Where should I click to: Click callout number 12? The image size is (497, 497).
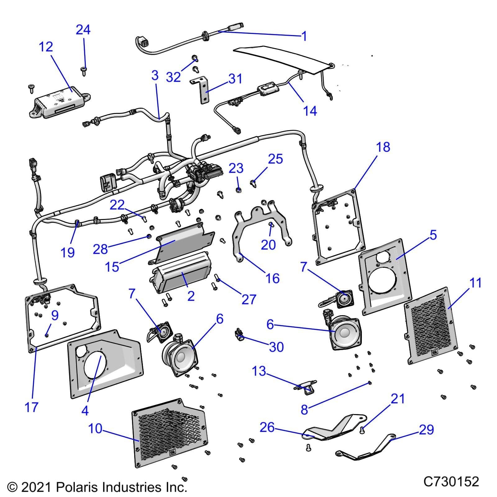[46, 47]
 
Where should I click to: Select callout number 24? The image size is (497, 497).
[83, 30]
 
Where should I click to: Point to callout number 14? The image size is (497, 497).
[310, 111]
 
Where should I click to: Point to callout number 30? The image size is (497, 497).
[276, 347]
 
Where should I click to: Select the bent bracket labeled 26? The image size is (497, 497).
[332, 429]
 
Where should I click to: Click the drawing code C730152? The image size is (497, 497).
[451, 482]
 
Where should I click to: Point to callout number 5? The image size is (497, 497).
[433, 235]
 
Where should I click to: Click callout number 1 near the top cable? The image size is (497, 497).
[304, 36]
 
